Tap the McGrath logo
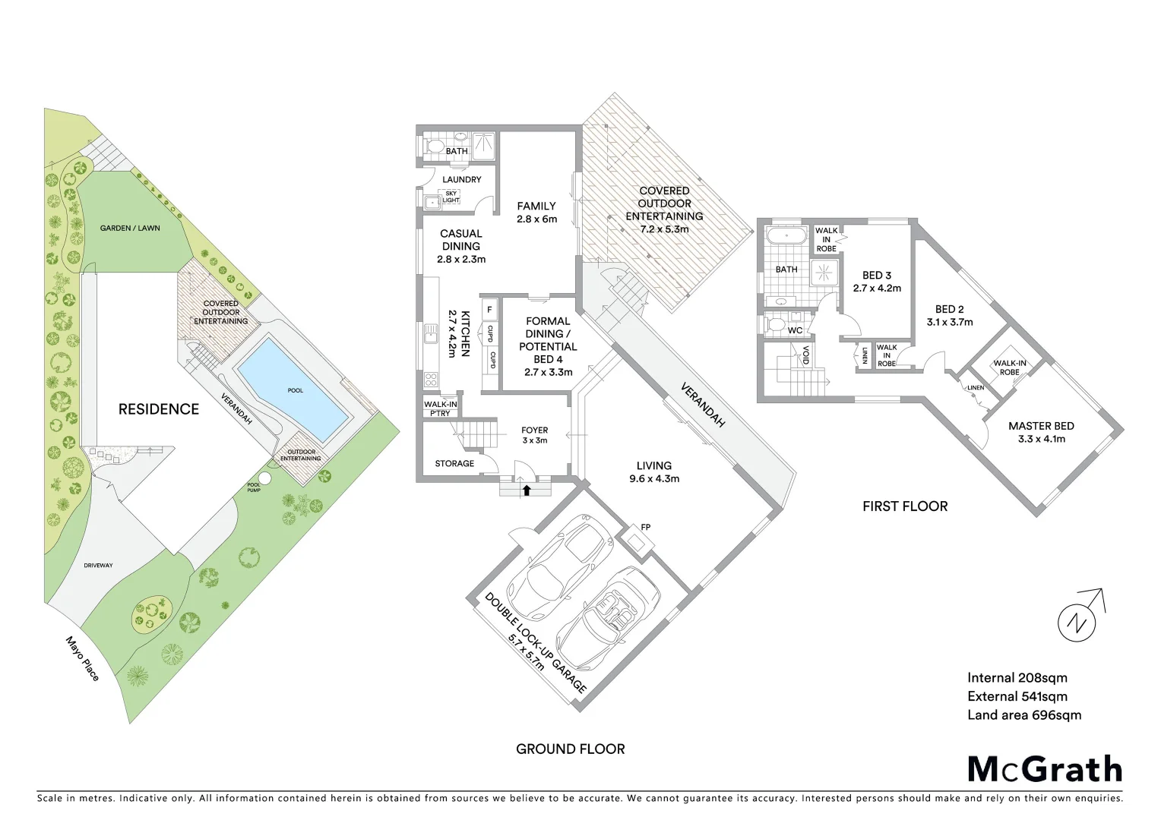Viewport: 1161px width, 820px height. [1044, 769]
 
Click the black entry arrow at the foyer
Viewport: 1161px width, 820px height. [526, 490]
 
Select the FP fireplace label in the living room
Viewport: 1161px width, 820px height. [645, 527]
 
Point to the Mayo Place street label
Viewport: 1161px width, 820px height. [82, 658]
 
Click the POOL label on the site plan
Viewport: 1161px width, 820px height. [295, 390]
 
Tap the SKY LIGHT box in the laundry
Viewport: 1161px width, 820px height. [451, 197]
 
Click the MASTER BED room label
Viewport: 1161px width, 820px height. [1041, 426]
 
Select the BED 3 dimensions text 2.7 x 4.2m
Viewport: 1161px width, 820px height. [877, 288]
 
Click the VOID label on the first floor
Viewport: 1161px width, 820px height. [806, 355]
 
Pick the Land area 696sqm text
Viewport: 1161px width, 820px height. [1023, 714]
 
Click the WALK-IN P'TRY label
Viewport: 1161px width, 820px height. [440, 408]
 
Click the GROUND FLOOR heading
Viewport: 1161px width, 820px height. [570, 749]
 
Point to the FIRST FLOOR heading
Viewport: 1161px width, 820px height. [904, 506]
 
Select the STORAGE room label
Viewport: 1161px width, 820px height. [454, 463]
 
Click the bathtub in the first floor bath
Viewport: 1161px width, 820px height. [786, 236]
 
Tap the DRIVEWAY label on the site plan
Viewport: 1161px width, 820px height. [98, 565]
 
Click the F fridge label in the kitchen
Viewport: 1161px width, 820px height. [489, 310]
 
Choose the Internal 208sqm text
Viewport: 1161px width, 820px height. [1017, 678]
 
